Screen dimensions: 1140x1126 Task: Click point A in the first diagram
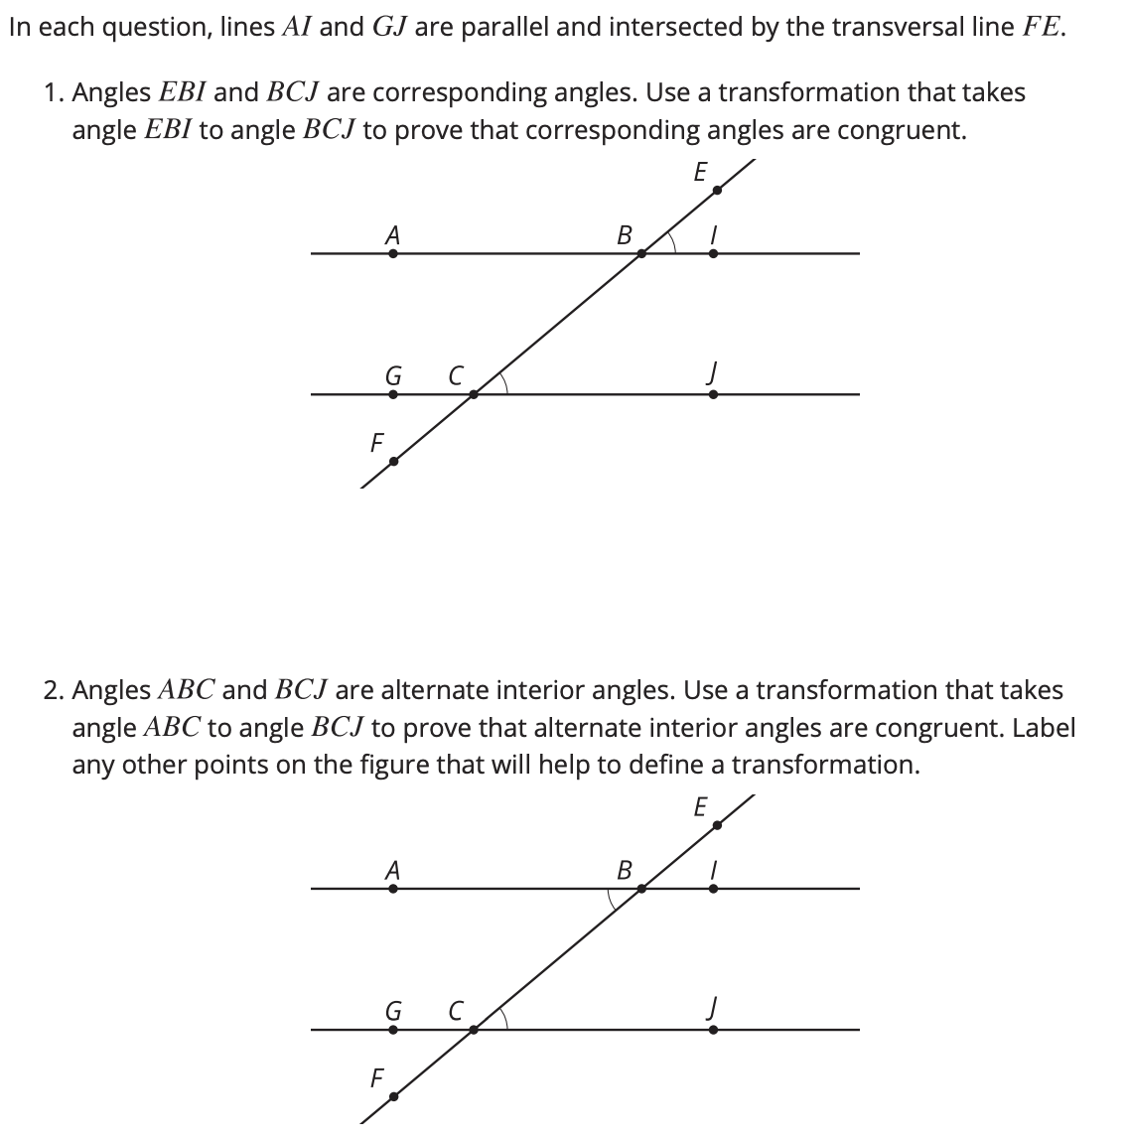pyautogui.click(x=393, y=253)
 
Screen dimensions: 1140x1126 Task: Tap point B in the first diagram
pyautogui.click(x=641, y=253)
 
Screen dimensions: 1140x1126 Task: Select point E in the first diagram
pyautogui.click(x=717, y=186)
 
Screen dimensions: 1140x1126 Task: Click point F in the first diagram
pyautogui.click(x=393, y=461)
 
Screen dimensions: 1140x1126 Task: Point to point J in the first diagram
pyautogui.click(x=713, y=393)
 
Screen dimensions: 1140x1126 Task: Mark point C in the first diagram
pyautogui.click(x=474, y=393)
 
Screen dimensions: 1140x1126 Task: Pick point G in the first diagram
pyautogui.click(x=393, y=393)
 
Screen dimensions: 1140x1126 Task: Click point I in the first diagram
pyautogui.click(x=713, y=253)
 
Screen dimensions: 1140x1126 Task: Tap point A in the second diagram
pyautogui.click(x=393, y=889)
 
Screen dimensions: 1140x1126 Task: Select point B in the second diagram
pyautogui.click(x=641, y=889)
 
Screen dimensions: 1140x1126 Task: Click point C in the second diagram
pyautogui.click(x=474, y=1029)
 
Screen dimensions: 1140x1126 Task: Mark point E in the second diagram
pyautogui.click(x=717, y=823)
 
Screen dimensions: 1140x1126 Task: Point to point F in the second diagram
pyautogui.click(x=393, y=1096)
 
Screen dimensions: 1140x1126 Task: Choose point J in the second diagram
pyautogui.click(x=713, y=1029)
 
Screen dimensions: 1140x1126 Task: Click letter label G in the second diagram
pyautogui.click(x=393, y=1011)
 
